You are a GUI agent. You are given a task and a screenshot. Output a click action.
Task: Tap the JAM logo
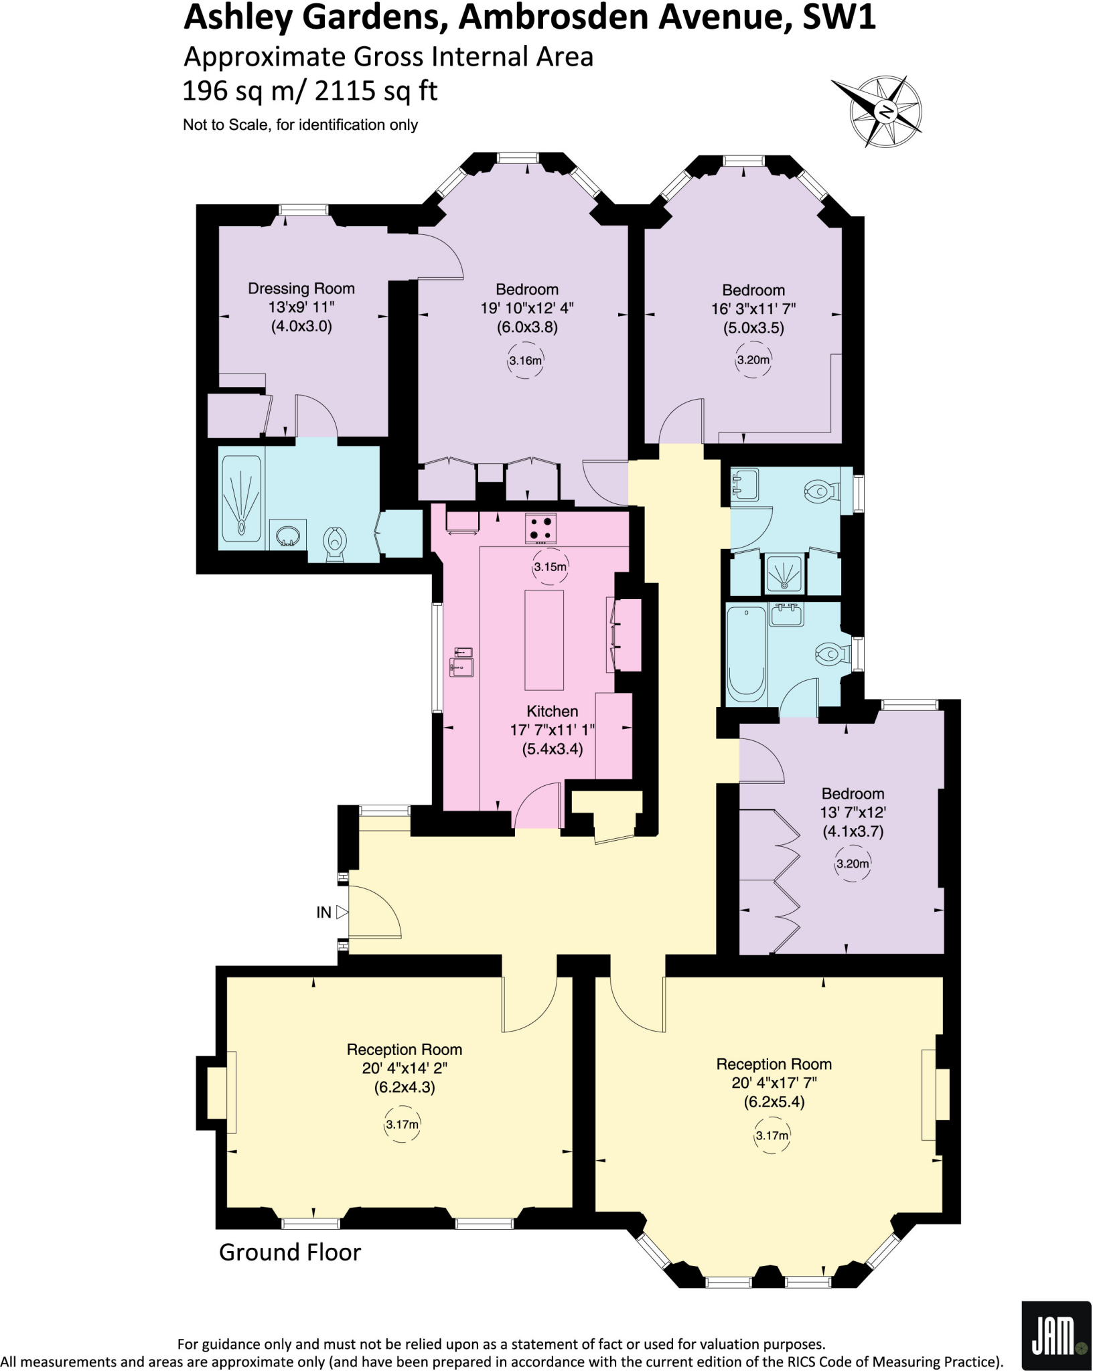[x=1055, y=1336]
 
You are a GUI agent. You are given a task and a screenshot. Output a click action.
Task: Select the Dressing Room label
[x=301, y=289]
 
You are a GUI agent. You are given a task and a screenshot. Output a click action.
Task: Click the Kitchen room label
[x=552, y=711]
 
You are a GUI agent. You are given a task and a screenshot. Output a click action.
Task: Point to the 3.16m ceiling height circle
[x=525, y=361]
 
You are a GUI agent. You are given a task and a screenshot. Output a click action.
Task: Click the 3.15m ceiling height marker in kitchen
[x=550, y=567]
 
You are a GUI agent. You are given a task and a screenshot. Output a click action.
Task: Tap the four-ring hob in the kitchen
[x=540, y=526]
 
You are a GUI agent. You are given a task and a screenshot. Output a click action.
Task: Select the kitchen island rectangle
[x=544, y=639]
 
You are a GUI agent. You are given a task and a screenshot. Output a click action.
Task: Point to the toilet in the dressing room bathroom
[x=334, y=543]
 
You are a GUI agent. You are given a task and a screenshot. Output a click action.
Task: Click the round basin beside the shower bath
[x=289, y=534]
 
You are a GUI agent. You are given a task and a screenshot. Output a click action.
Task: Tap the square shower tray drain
[x=785, y=575]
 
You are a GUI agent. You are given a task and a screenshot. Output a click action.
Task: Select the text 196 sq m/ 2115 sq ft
[x=310, y=90]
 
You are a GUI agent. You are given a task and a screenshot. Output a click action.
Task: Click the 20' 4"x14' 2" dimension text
[x=405, y=1068]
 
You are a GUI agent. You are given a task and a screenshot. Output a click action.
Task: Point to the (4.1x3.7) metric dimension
[x=853, y=831]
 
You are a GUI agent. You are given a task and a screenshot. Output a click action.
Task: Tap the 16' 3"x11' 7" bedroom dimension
[x=753, y=309]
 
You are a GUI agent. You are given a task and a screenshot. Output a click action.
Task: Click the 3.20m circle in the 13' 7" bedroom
[x=852, y=864]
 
